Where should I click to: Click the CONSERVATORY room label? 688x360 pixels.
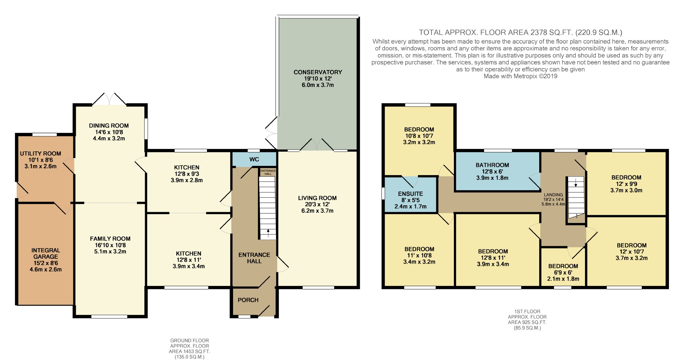[318, 72]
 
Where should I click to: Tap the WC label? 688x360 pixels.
[254, 159]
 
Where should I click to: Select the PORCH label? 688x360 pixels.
[248, 300]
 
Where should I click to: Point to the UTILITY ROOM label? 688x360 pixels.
[40, 154]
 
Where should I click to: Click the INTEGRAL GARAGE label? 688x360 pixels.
[46, 254]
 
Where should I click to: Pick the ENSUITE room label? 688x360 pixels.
[410, 194]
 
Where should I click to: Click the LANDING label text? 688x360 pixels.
[553, 195]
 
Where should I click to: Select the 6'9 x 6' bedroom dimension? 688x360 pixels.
[563, 273]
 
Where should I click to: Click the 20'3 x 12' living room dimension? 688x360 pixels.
[317, 204]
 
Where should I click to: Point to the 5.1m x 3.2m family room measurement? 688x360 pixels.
[110, 252]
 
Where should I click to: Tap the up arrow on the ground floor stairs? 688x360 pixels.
[268, 233]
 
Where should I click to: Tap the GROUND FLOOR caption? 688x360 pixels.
[190, 340]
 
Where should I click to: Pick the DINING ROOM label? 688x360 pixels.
[109, 126]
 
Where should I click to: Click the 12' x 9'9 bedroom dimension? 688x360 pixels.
[626, 184]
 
